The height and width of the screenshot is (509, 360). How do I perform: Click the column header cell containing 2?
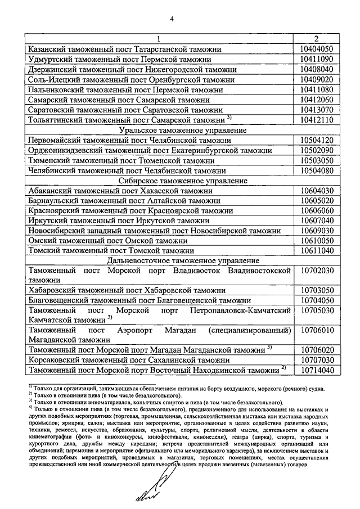(x=317, y=39)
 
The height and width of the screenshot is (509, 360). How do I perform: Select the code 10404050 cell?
(x=317, y=49)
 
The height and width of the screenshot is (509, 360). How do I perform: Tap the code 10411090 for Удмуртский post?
(x=317, y=59)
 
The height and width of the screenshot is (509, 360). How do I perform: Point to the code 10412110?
(x=317, y=120)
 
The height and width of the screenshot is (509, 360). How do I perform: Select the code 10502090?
(x=317, y=151)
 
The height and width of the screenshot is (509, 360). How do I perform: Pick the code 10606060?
(x=317, y=211)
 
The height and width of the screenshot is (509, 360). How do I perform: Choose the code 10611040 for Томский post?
(x=317, y=251)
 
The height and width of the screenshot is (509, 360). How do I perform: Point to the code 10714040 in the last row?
(x=317, y=370)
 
